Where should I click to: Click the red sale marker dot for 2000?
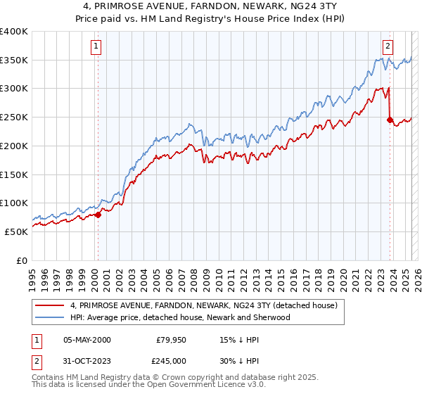pyautogui.click(x=98, y=215)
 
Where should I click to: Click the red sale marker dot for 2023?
pyautogui.click(x=390, y=120)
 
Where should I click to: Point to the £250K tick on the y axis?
pyautogui.click(x=14, y=117)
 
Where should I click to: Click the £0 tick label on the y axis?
pyautogui.click(x=21, y=260)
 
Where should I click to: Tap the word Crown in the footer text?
pyautogui.click(x=179, y=379)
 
